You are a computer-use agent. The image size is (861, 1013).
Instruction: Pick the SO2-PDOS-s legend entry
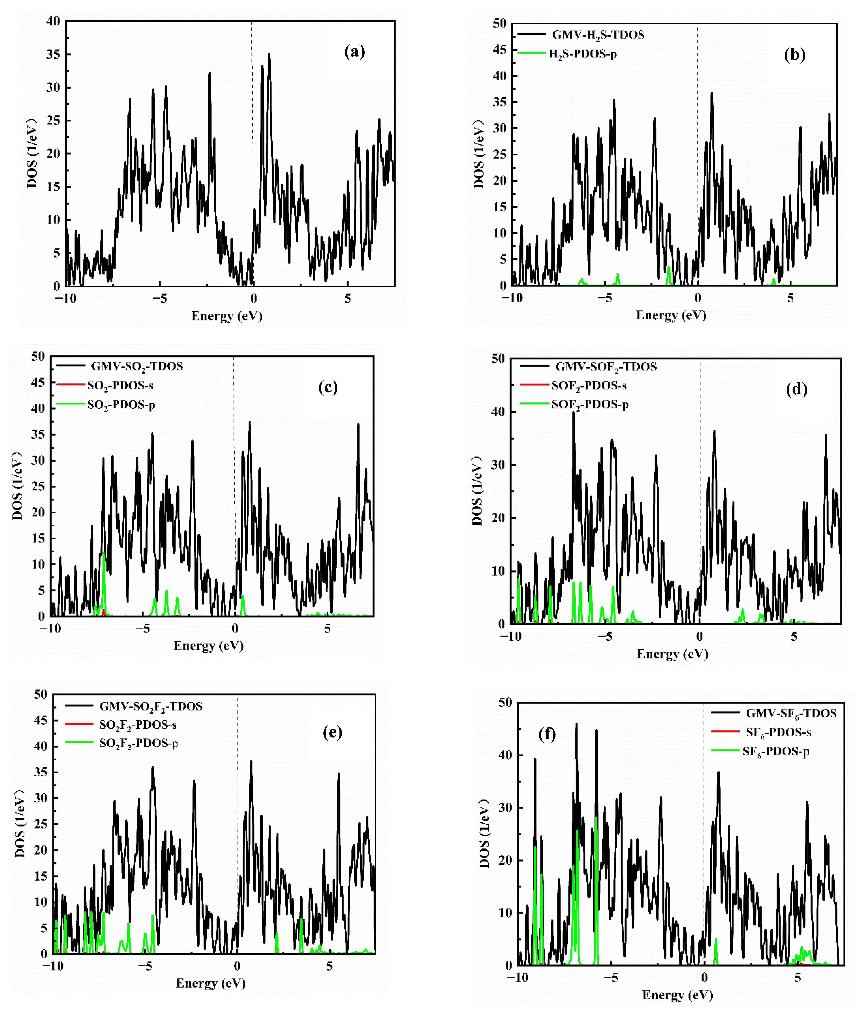(x=120, y=385)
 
